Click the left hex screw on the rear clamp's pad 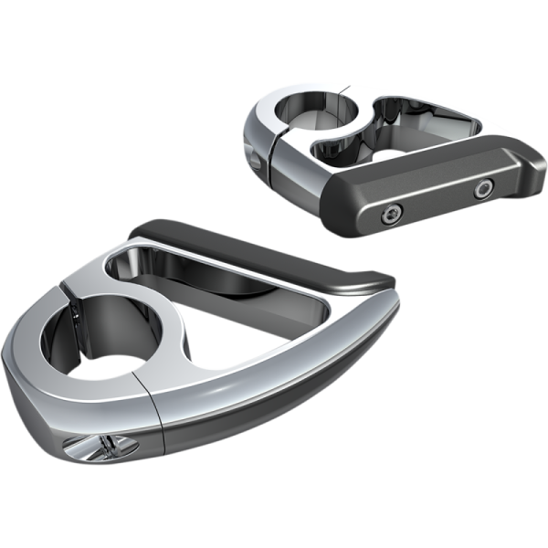pyautogui.click(x=392, y=215)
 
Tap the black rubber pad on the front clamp pyautogui.click(x=265, y=247)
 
